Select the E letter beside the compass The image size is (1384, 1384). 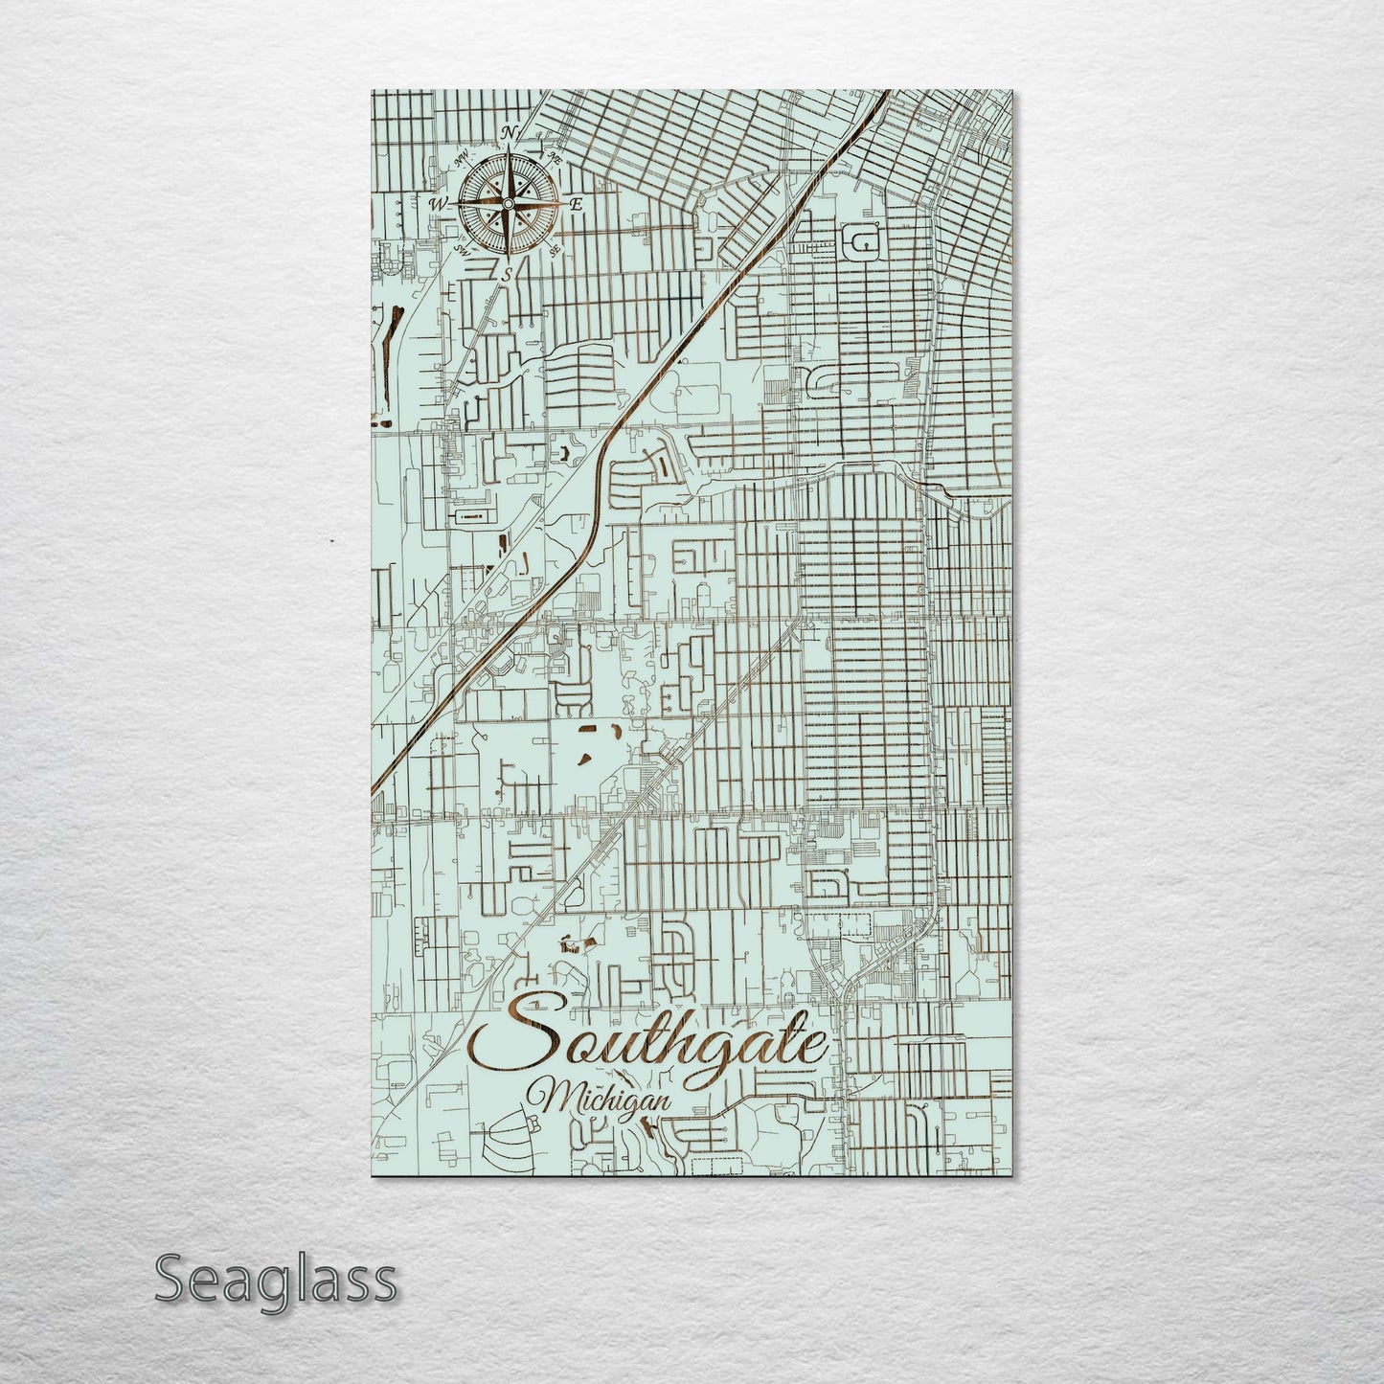[x=576, y=204]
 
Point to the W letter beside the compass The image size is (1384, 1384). [x=439, y=203]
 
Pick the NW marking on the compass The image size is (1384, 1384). [x=462, y=155]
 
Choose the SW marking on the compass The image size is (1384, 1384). [x=462, y=251]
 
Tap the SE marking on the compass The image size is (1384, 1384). [x=555, y=251]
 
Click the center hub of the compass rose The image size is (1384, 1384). [x=508, y=203]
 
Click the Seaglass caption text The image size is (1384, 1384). [x=275, y=1279]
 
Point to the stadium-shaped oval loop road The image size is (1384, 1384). [x=865, y=243]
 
